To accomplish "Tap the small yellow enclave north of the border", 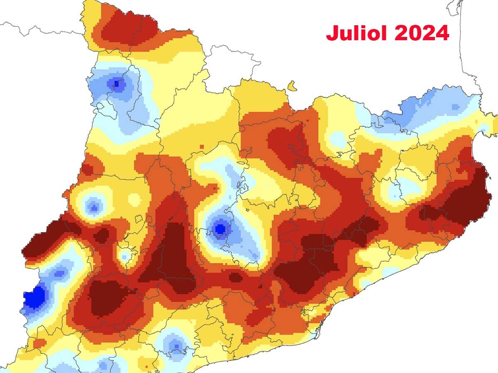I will click(x=292, y=86).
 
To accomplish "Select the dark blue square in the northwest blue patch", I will click(x=117, y=84).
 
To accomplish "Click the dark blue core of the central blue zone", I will click(x=220, y=228).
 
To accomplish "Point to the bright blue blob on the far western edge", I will click(x=34, y=297).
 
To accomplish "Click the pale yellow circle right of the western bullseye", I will click(x=134, y=199).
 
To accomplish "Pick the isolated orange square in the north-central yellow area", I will click(x=202, y=146).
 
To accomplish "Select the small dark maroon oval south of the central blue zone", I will click(x=235, y=277).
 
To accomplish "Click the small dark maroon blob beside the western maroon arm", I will click(x=101, y=235).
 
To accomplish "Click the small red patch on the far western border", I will click(x=87, y=169).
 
